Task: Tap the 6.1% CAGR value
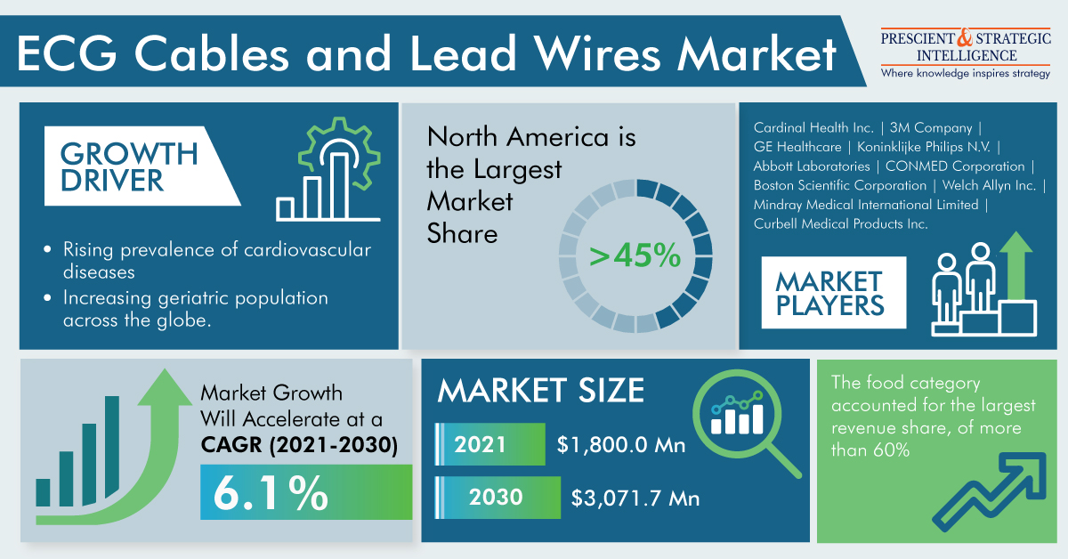click(x=270, y=492)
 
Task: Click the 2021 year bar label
click(x=481, y=444)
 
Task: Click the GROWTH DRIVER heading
click(x=130, y=166)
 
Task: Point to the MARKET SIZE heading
click(x=541, y=391)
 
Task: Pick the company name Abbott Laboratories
click(x=811, y=166)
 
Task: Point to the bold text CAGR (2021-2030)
click(x=298, y=445)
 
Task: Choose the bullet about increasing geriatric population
click(x=196, y=309)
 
